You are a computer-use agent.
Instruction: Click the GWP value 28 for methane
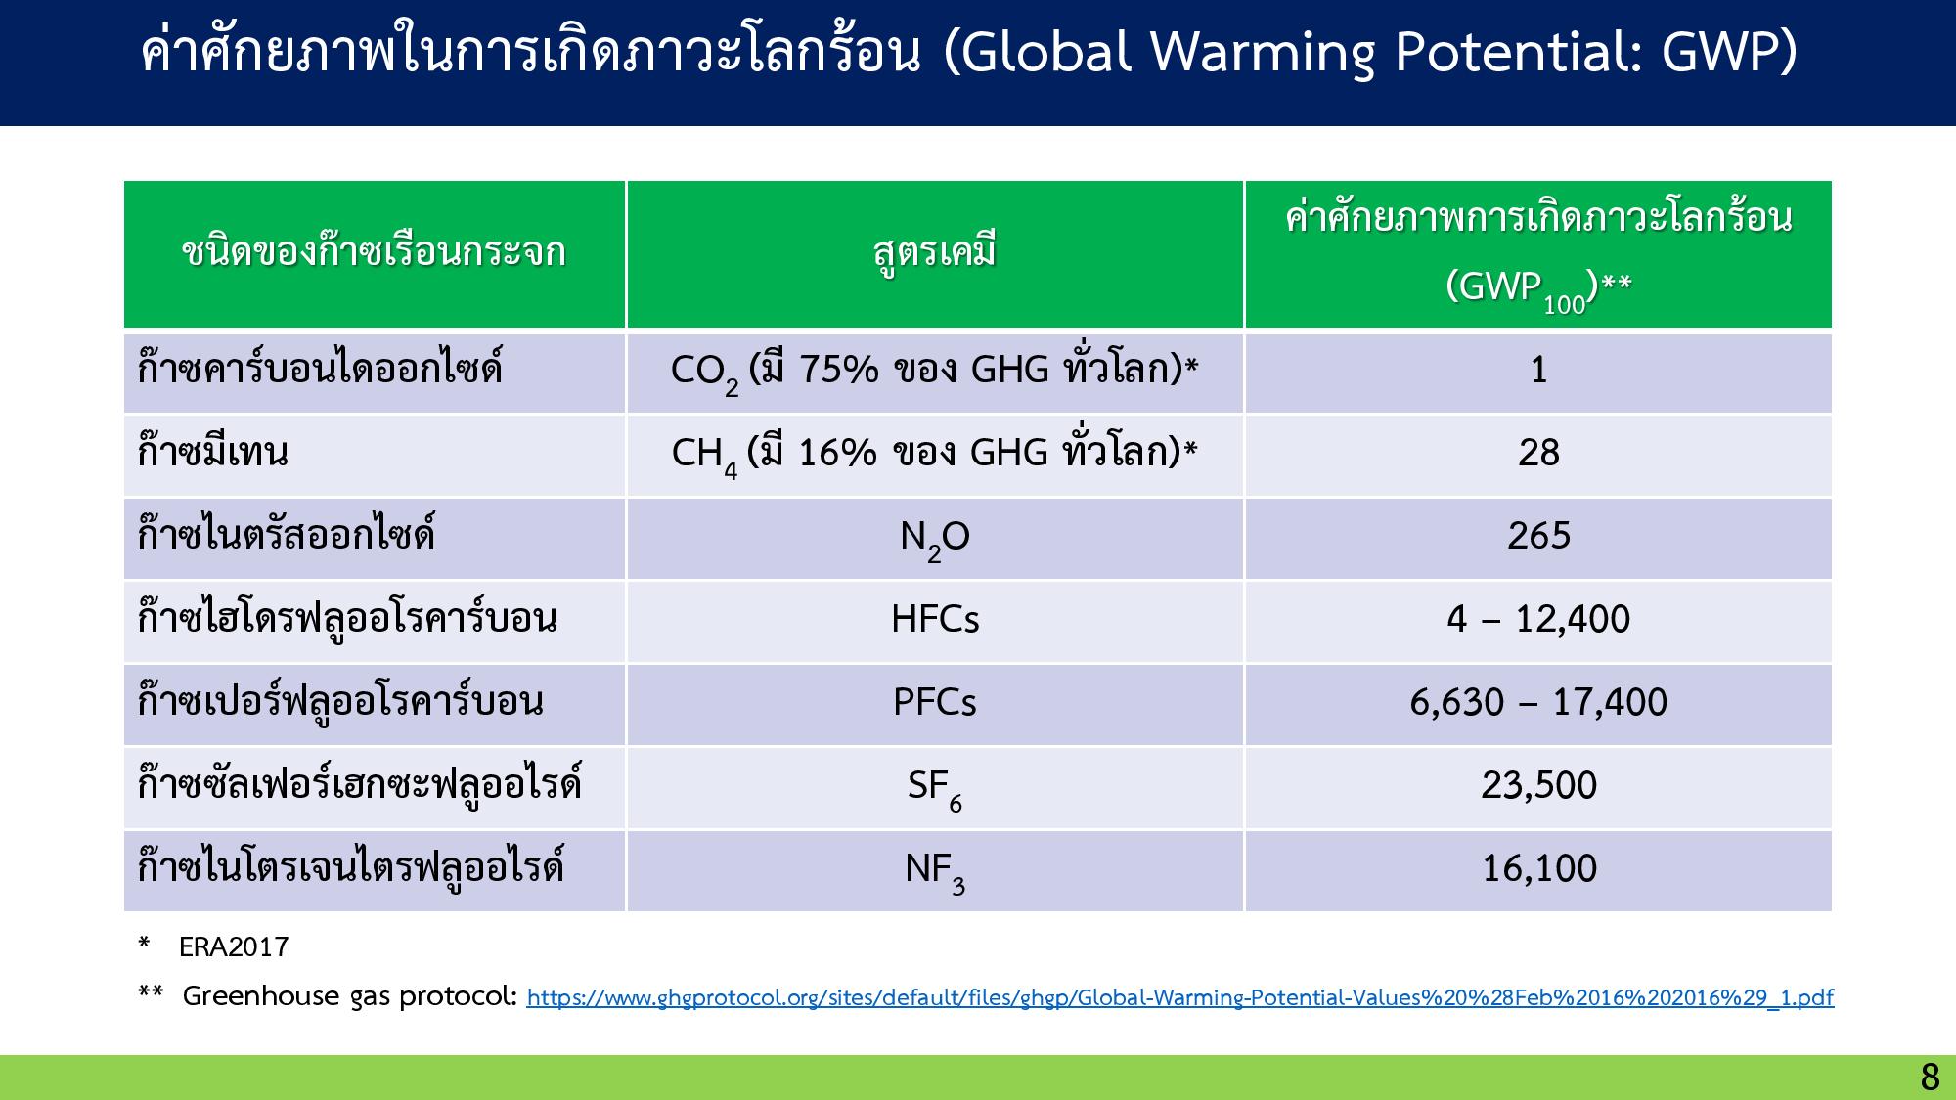click(x=1538, y=453)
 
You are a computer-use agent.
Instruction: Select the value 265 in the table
click(x=1538, y=536)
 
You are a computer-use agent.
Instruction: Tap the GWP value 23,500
click(x=1538, y=785)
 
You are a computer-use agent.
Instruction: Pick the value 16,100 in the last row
click(x=1539, y=868)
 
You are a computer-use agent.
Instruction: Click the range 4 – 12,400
click(x=1538, y=619)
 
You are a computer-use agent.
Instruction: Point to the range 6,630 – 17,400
click(x=1538, y=702)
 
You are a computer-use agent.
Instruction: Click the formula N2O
click(x=935, y=539)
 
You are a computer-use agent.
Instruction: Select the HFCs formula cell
click(x=935, y=619)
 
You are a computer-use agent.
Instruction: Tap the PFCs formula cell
click(x=935, y=702)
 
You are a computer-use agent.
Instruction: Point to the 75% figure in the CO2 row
click(x=839, y=370)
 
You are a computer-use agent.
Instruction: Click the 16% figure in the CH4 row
click(x=838, y=453)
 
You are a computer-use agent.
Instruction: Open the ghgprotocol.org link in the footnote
click(x=1180, y=997)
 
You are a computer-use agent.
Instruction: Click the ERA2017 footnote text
click(x=234, y=946)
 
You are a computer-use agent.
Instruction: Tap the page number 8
click(x=1930, y=1078)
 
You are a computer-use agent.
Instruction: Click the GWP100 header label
click(x=1537, y=289)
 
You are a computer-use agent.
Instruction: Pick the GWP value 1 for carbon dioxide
click(x=1538, y=370)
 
